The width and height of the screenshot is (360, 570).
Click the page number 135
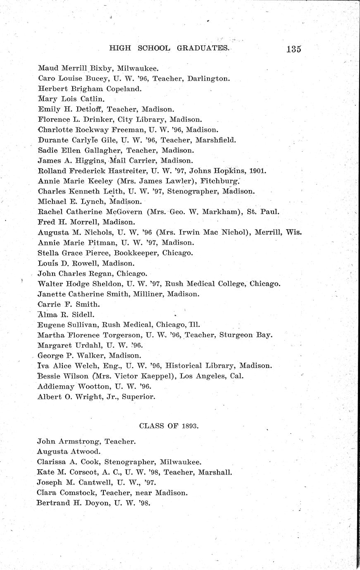coord(293,49)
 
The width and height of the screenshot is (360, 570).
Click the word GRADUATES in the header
coord(203,48)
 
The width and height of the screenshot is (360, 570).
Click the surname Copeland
coord(124,88)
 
